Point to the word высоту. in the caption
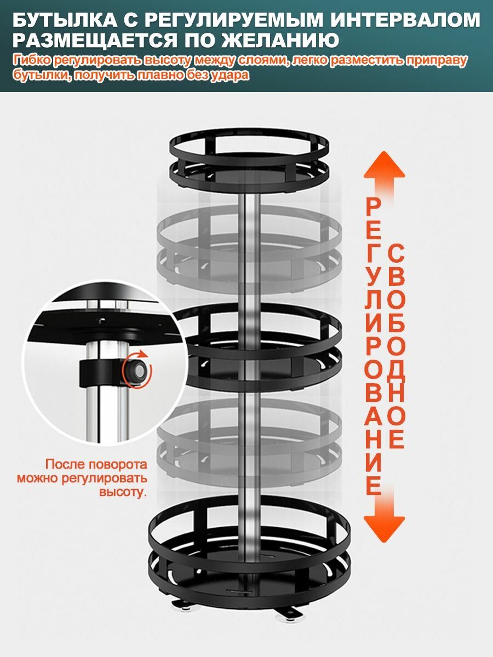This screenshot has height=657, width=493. [x=123, y=492]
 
